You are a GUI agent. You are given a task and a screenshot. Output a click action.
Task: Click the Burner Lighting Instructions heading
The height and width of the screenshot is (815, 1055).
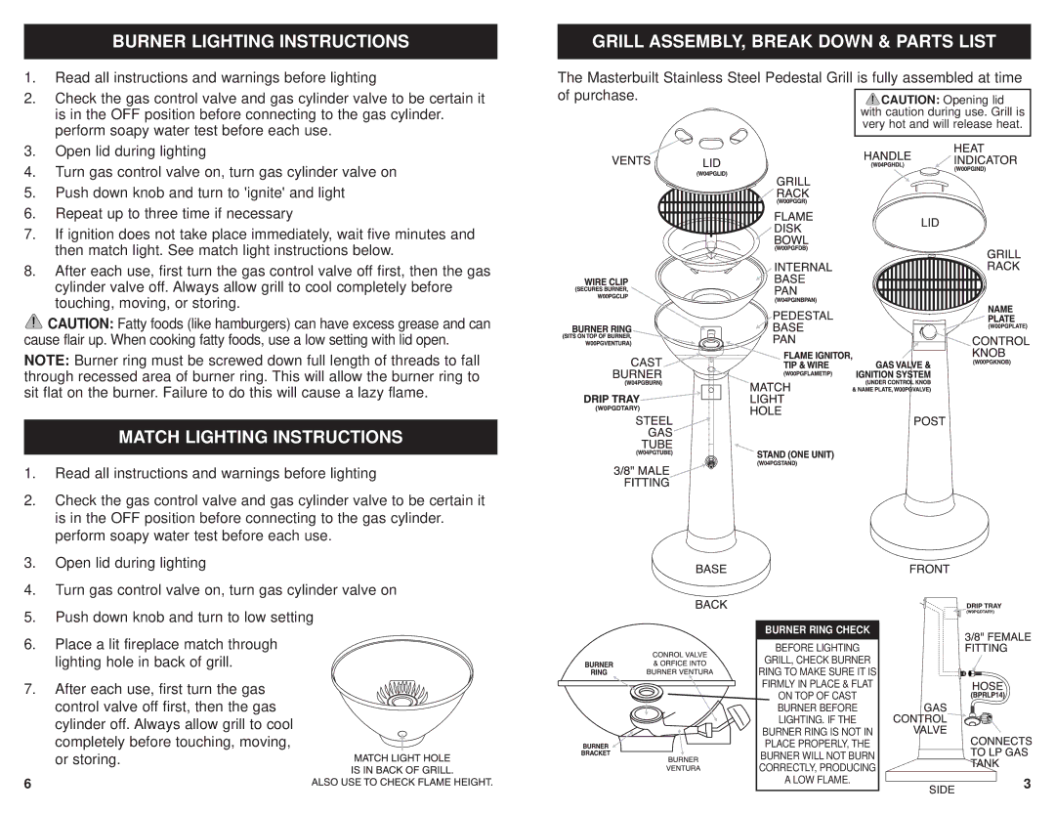coord(260,41)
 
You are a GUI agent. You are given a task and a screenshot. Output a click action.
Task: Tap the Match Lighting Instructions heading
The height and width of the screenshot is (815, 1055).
coord(260,436)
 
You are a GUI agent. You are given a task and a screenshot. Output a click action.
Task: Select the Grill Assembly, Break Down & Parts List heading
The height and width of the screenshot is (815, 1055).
coord(793,41)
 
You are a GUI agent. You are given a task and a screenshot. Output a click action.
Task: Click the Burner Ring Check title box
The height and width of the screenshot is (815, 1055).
coord(817,628)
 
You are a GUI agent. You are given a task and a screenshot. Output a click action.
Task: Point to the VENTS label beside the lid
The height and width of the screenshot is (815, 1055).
coord(632,161)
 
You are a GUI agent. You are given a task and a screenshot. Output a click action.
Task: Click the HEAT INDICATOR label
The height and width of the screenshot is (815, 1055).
coord(985,154)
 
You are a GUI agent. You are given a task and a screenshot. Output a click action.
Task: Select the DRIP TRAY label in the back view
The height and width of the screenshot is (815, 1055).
coord(612,399)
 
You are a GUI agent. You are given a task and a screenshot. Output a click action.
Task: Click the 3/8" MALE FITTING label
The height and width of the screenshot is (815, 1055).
coord(641,476)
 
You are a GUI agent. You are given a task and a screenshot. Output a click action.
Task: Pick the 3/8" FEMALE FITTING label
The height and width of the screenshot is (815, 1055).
coord(997,642)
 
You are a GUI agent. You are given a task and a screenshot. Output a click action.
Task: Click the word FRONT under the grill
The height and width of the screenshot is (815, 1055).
coord(930,568)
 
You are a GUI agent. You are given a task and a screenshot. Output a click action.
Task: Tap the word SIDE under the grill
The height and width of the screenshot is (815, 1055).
coord(942,789)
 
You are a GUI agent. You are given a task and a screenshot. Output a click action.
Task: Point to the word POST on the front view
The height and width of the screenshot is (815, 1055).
coord(930,420)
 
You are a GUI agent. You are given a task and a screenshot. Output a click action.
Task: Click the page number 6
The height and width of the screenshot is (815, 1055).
coord(29,785)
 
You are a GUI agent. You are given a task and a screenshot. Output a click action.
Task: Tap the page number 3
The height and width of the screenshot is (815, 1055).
coord(1027,784)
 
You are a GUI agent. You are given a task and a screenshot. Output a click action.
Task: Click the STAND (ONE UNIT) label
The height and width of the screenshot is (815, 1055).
coord(795,454)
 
